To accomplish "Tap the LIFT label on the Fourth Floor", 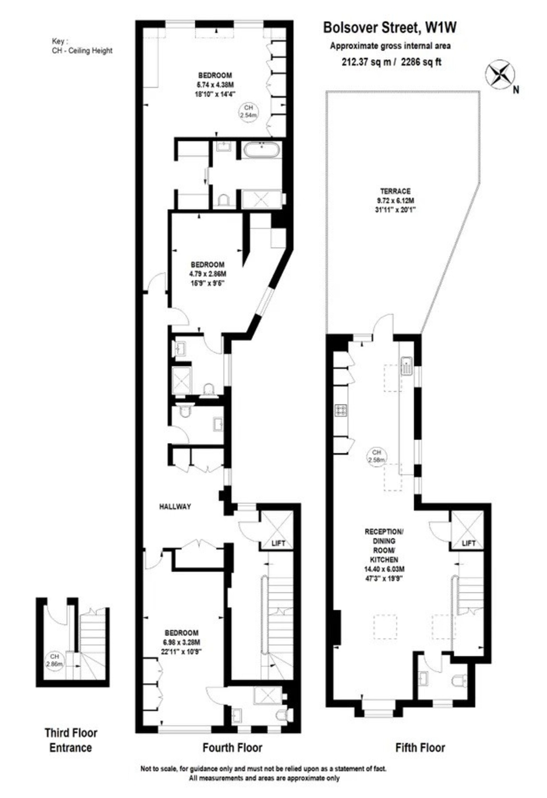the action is click(x=278, y=543).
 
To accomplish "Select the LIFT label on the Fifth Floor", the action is click(x=468, y=543).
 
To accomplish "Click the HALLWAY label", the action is click(x=175, y=506).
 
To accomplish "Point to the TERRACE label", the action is click(x=395, y=191).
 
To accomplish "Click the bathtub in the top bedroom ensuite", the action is click(x=262, y=150).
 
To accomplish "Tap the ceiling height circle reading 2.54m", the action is click(x=248, y=111).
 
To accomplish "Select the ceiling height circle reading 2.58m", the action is click(x=377, y=456).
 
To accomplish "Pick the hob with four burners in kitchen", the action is click(x=341, y=411).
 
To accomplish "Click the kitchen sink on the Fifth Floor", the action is click(x=407, y=366).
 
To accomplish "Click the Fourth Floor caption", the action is click(x=232, y=747).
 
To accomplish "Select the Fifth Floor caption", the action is click(x=420, y=747).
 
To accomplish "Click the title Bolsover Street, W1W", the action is click(x=389, y=28).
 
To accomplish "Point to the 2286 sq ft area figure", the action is click(x=421, y=62).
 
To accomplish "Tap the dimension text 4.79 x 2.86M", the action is click(x=208, y=273).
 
